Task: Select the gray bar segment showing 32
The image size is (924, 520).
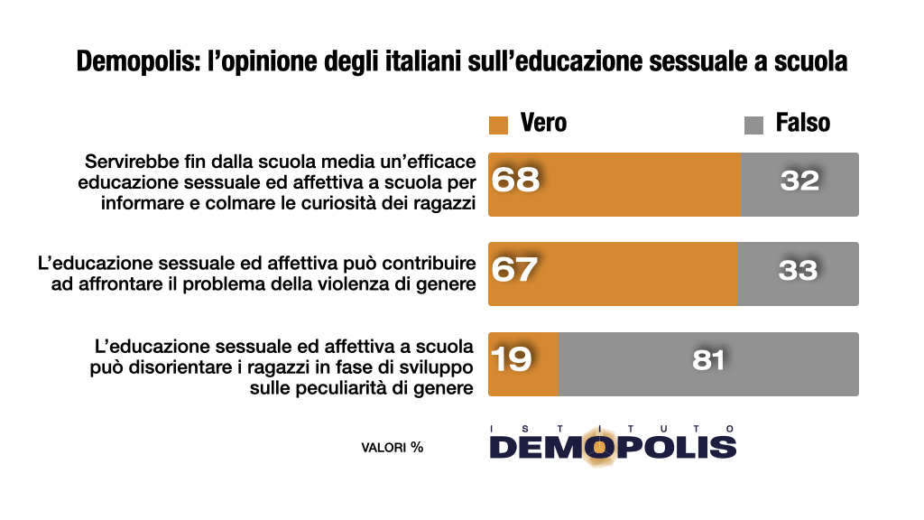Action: [x=799, y=184]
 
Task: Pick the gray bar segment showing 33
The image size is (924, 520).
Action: [x=798, y=274]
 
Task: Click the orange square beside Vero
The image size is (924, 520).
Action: [x=498, y=125]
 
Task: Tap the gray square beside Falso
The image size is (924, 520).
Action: [x=753, y=125]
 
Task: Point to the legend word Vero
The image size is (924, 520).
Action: [x=543, y=124]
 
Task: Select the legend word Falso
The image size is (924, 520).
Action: [x=803, y=124]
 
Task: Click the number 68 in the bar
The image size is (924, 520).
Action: [x=515, y=180]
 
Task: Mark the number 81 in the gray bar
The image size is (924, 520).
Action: [x=708, y=359]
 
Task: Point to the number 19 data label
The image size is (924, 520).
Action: [x=511, y=359]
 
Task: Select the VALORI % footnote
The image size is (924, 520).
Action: [x=392, y=446]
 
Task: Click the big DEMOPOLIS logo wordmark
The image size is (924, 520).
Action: [x=613, y=447]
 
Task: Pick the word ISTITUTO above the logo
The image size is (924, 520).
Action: [x=613, y=428]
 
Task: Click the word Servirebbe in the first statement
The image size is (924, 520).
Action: [x=131, y=162]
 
